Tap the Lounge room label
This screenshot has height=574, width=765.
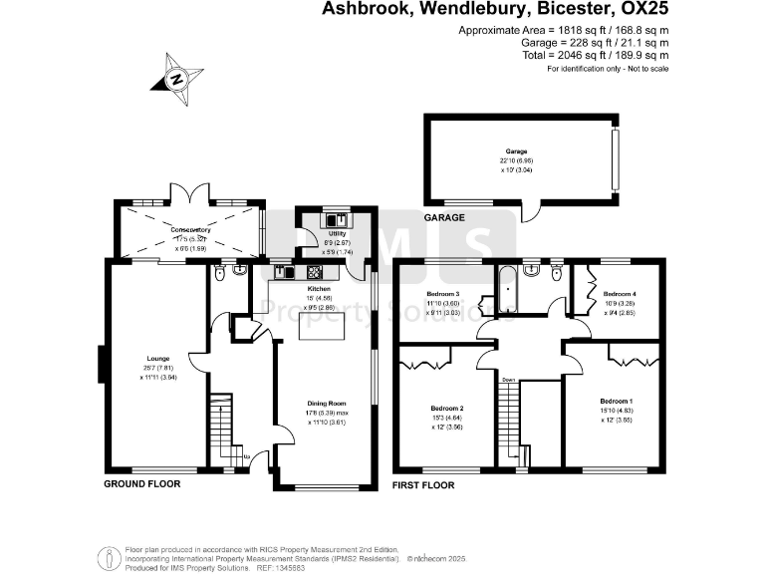tap(157, 359)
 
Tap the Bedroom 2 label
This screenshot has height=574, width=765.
tap(448, 408)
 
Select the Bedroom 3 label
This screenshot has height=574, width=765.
tap(443, 294)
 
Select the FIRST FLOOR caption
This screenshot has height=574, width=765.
tap(423, 485)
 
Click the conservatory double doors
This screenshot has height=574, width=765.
tap(190, 194)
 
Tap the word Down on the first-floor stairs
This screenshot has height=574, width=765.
tap(508, 380)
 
